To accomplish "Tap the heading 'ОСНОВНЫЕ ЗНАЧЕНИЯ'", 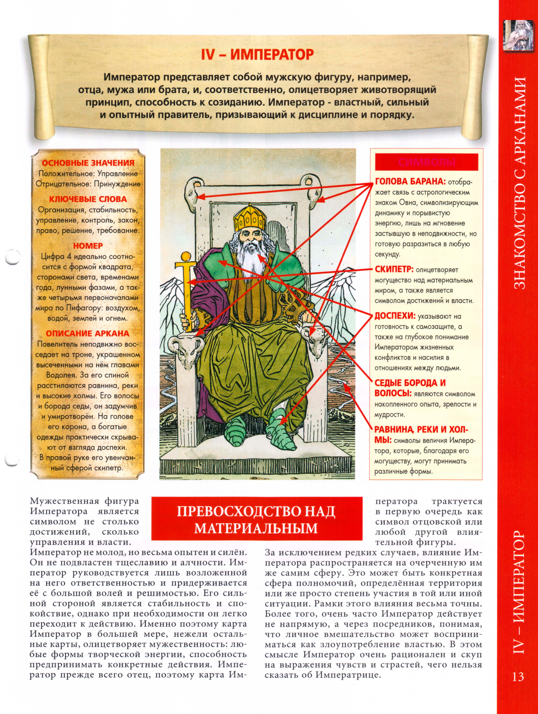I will pos(88,163).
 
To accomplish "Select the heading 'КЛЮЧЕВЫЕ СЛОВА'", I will pos(88,199).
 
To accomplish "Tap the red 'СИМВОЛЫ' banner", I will pos(426,162).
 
